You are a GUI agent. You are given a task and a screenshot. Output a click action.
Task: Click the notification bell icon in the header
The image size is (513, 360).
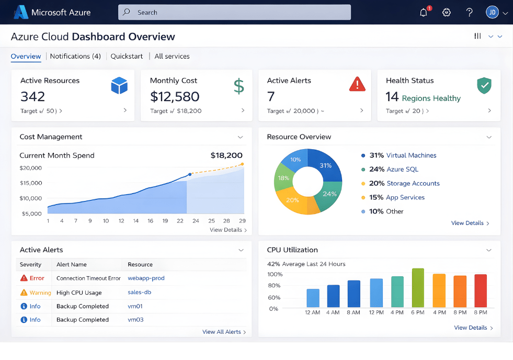tap(424, 13)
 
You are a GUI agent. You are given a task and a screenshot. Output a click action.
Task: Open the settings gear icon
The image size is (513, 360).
tap(447, 13)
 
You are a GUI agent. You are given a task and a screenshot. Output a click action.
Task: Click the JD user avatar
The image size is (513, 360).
tap(492, 13)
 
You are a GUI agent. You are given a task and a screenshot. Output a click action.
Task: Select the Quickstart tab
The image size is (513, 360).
tap(127, 57)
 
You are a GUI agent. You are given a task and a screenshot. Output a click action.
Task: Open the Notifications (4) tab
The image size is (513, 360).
tap(75, 57)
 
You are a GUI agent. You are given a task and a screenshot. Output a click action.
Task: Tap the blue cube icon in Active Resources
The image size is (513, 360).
tap(119, 85)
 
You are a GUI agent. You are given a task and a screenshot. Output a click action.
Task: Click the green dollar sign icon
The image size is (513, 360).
tap(238, 86)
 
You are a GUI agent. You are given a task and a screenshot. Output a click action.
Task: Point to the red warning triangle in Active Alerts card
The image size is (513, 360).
tap(357, 84)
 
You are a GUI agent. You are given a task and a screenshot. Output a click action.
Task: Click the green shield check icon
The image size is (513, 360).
tap(484, 85)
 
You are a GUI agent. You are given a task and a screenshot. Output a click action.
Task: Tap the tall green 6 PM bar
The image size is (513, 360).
tap(418, 288)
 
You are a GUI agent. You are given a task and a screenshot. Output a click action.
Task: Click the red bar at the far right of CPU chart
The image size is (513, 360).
tap(480, 290)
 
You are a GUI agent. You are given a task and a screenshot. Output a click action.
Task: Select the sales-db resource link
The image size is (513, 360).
tap(139, 292)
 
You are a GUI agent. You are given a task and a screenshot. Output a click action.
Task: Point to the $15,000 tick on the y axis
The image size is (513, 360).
tap(30, 183)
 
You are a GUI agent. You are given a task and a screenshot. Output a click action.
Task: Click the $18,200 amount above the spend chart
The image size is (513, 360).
tap(226, 155)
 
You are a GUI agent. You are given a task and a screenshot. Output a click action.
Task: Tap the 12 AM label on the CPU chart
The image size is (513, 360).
tap(313, 312)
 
